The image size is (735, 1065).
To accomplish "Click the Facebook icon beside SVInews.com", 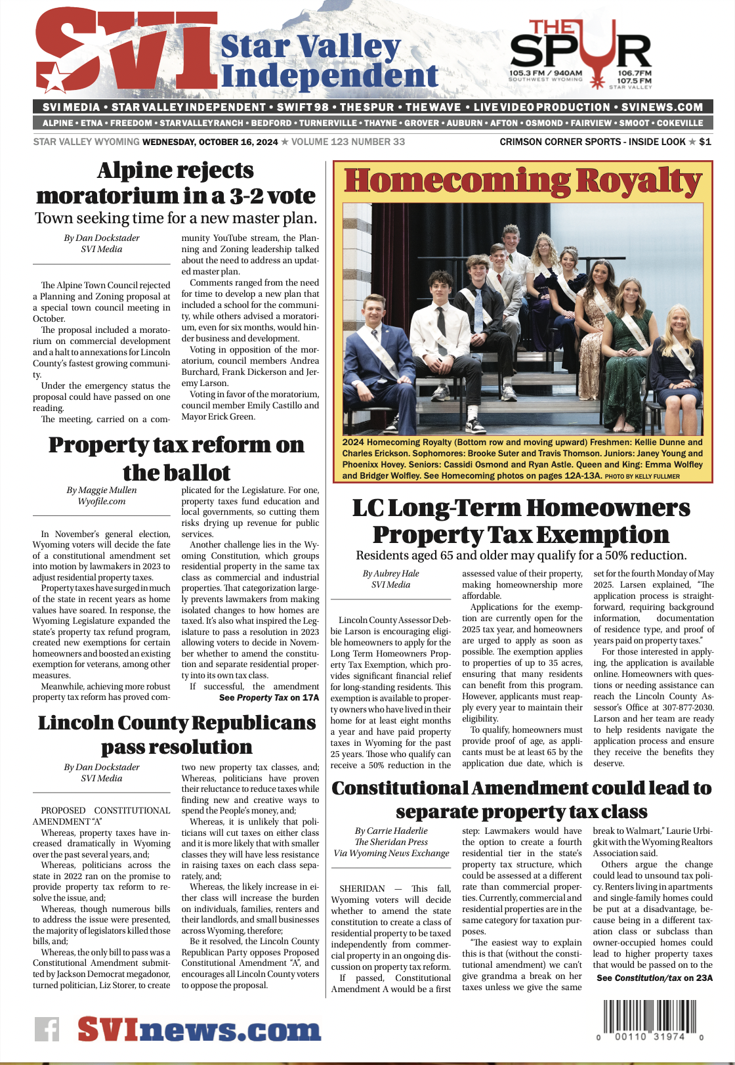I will click(x=47, y=1029).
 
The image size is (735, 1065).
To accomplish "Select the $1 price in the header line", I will click(x=705, y=142).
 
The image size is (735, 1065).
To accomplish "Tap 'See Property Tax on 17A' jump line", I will click(x=269, y=697).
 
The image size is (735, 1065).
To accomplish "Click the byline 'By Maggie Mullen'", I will click(x=102, y=490).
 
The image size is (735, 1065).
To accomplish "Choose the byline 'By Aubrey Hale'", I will click(x=390, y=573).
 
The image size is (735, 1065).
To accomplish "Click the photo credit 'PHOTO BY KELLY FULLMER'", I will click(x=642, y=476).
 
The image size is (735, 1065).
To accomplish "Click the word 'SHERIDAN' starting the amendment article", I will click(x=362, y=888).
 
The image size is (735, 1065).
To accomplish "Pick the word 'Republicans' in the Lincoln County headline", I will click(x=246, y=723).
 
